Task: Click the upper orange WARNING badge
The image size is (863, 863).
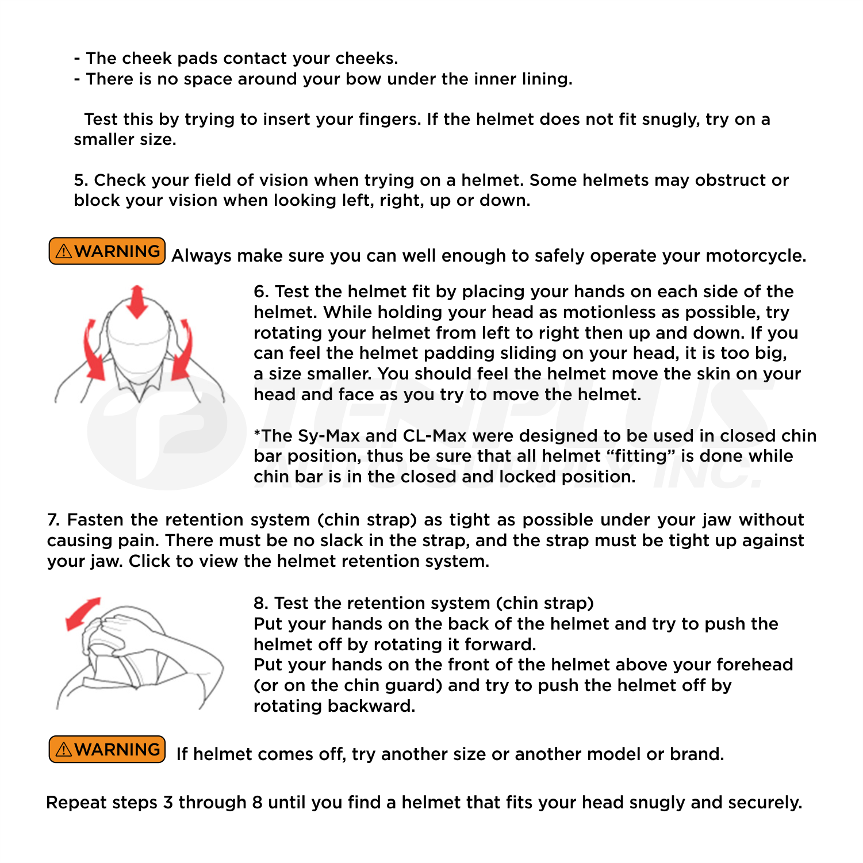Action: [x=108, y=251]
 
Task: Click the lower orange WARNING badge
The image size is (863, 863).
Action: [x=108, y=750]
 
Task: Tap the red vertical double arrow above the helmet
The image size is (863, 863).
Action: [x=137, y=301]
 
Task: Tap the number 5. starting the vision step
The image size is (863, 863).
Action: [x=80, y=181]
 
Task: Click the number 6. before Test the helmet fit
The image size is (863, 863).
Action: [x=261, y=292]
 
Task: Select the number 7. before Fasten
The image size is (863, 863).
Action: [x=53, y=520]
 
